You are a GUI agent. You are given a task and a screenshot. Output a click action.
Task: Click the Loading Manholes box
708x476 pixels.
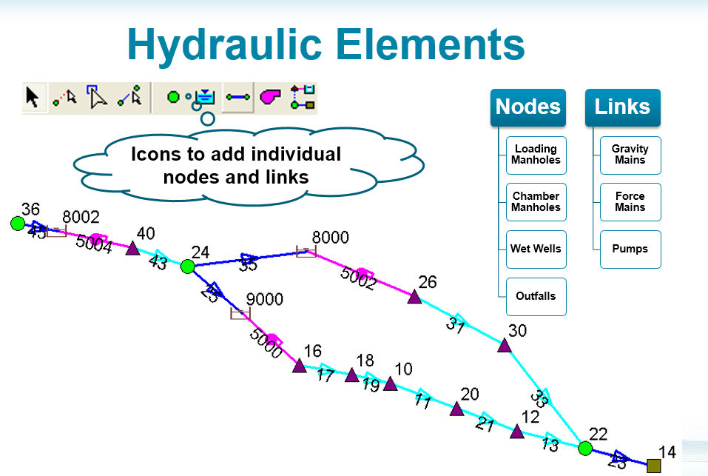click(x=536, y=155)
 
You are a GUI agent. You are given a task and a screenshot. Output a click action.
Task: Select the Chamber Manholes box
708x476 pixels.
click(x=536, y=202)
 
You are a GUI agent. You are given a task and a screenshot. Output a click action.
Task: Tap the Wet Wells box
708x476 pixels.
click(x=536, y=249)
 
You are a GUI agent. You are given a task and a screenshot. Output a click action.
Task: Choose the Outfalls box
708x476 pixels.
click(x=536, y=296)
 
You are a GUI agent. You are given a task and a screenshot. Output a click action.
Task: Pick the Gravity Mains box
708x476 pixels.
click(x=630, y=155)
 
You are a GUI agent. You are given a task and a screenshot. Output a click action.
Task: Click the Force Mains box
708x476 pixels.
click(x=630, y=202)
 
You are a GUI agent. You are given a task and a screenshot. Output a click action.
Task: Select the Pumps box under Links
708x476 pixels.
click(x=630, y=249)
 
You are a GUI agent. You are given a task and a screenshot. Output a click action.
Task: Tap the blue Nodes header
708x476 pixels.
click(x=528, y=107)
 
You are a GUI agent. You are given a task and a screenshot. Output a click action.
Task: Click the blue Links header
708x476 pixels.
click(x=622, y=107)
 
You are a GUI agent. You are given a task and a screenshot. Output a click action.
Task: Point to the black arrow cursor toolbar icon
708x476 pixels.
click(x=33, y=97)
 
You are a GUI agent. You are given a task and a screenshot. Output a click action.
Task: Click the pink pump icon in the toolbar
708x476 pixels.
click(x=270, y=97)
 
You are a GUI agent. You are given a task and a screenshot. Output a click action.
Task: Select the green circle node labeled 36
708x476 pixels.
click(x=18, y=223)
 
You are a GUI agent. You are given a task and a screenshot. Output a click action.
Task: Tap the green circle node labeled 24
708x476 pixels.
click(x=188, y=266)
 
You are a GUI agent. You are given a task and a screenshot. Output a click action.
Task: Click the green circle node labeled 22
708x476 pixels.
click(x=585, y=448)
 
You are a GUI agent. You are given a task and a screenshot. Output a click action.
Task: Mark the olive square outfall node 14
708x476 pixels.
click(x=653, y=466)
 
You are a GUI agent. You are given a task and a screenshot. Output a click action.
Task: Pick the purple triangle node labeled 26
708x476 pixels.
click(x=414, y=297)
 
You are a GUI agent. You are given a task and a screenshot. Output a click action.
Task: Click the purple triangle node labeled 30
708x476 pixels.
click(x=505, y=345)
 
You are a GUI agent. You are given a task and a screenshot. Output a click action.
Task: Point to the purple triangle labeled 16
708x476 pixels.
click(x=300, y=365)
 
